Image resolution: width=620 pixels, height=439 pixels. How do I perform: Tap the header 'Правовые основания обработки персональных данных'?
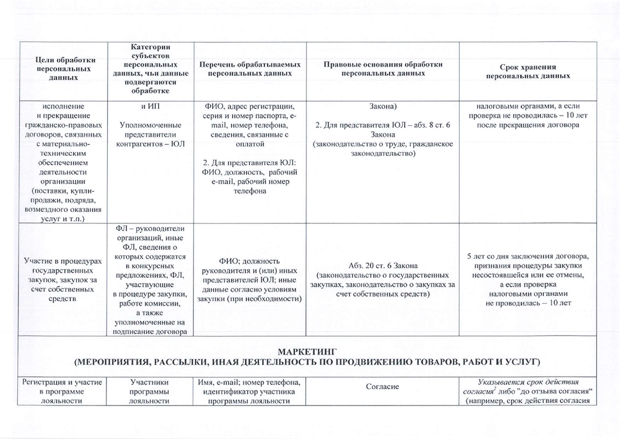(x=382, y=68)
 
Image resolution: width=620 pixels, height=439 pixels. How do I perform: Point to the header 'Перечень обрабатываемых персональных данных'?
(x=249, y=68)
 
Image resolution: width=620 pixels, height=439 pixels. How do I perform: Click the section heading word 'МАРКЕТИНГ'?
(x=309, y=351)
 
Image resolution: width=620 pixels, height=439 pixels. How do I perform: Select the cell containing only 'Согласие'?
(x=382, y=387)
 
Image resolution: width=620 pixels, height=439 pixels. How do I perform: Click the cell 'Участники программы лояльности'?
(x=150, y=391)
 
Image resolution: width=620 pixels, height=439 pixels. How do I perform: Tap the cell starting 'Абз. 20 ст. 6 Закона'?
(x=382, y=280)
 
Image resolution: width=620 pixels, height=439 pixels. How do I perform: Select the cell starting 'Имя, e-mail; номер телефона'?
(x=249, y=391)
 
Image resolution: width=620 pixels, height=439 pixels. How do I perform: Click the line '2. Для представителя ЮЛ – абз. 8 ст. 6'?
(x=382, y=125)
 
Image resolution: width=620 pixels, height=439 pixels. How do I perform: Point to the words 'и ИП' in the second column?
(x=150, y=107)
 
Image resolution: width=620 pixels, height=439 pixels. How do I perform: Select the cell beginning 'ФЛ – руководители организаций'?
(x=150, y=280)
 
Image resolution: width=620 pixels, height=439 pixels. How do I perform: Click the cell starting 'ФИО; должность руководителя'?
(x=249, y=280)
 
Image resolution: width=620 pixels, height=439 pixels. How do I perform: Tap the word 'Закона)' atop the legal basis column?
(x=382, y=107)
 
